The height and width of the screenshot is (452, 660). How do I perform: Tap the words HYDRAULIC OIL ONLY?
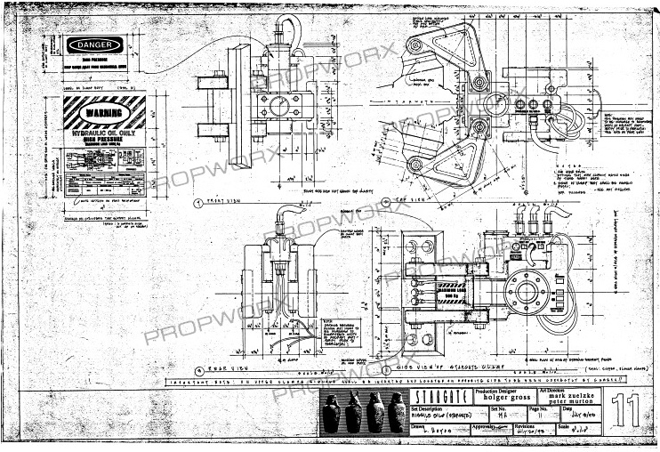click(x=105, y=131)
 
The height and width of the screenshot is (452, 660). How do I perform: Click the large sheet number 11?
click(x=632, y=411)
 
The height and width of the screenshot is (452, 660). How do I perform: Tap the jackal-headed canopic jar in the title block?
click(x=331, y=414)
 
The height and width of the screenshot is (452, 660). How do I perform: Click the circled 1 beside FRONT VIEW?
click(x=198, y=203)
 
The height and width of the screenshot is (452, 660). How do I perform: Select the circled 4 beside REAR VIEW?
click(x=198, y=368)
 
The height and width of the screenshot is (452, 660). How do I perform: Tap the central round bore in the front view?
click(x=279, y=107)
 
